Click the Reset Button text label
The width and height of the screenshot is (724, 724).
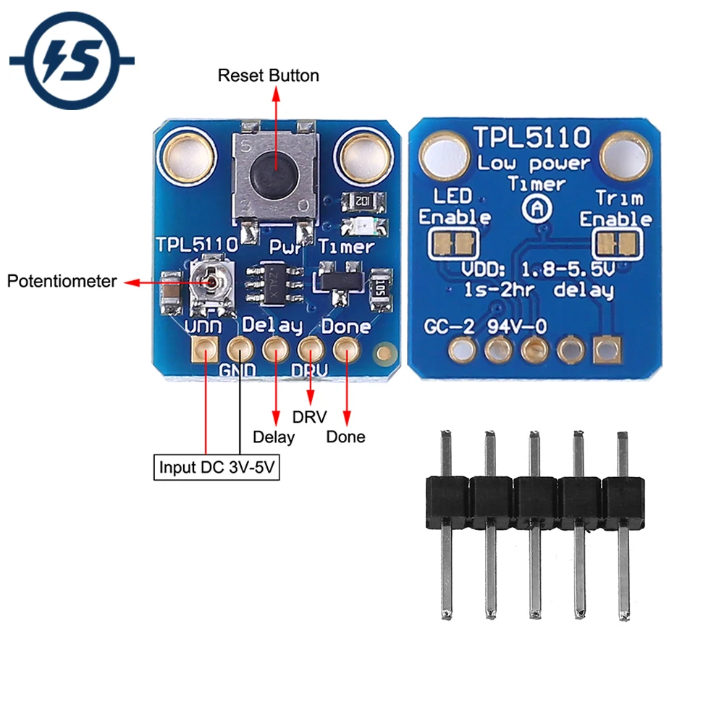coord(269,75)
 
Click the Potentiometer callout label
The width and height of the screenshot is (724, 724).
coord(62,281)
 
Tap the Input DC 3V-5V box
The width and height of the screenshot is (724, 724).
coord(218,466)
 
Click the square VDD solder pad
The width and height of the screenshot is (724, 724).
coord(203,352)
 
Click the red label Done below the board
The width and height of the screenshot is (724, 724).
coord(345,437)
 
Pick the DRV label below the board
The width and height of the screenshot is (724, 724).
coord(309,417)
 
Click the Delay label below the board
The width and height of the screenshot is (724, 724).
coord(274,437)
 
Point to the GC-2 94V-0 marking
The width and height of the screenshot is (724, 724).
coord(485,327)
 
